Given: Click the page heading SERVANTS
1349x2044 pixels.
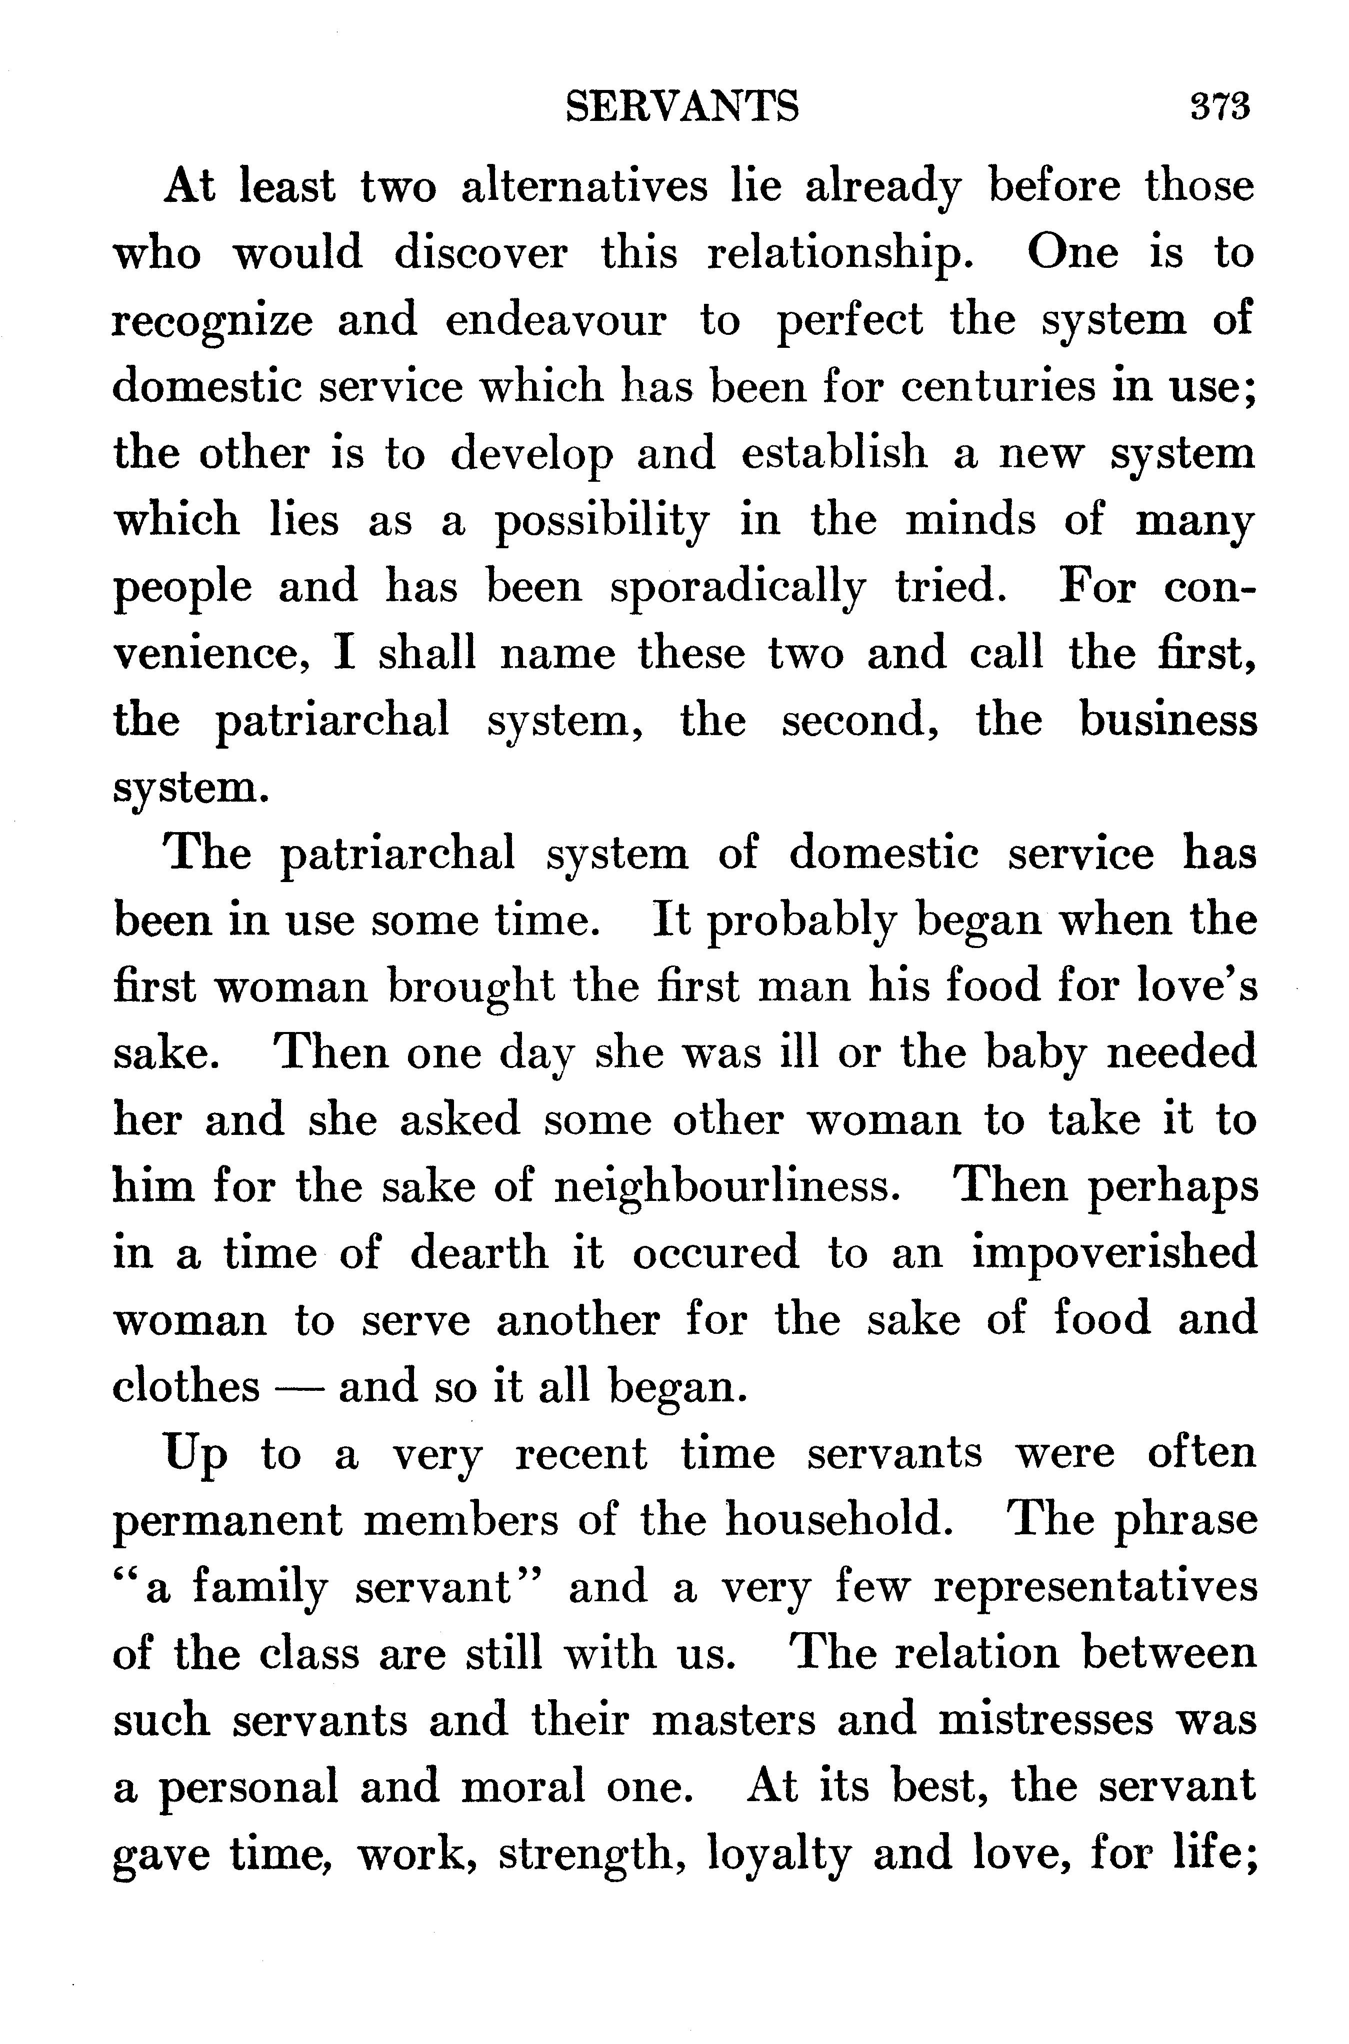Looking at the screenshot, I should pos(682,107).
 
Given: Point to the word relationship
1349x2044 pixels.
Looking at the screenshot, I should pos(840,254).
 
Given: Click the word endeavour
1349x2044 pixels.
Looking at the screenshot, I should pos(555,321).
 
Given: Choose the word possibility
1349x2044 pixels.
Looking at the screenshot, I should pos(601,521).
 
